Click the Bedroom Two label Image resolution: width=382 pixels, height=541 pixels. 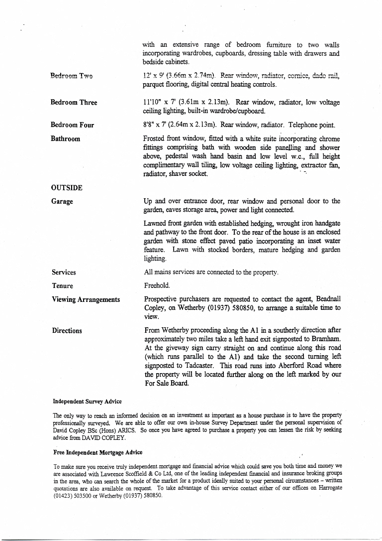(x=72, y=76)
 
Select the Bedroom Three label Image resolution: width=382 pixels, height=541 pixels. (x=74, y=103)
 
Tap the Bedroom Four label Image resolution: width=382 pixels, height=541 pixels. (x=72, y=125)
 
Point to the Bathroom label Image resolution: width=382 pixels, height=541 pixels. (x=65, y=138)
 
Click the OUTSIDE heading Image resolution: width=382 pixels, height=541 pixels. (x=67, y=188)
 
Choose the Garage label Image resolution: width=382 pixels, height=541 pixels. (x=62, y=201)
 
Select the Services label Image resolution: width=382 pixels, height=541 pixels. (x=64, y=272)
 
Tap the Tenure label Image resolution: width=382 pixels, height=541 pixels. (x=62, y=286)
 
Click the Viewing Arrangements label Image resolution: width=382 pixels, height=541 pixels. (x=86, y=299)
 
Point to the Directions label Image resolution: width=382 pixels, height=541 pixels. (x=67, y=331)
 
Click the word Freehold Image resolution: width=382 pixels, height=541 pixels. (x=157, y=286)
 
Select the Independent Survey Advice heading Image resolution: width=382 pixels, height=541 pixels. (x=88, y=402)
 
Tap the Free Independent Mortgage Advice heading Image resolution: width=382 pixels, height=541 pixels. (x=98, y=452)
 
